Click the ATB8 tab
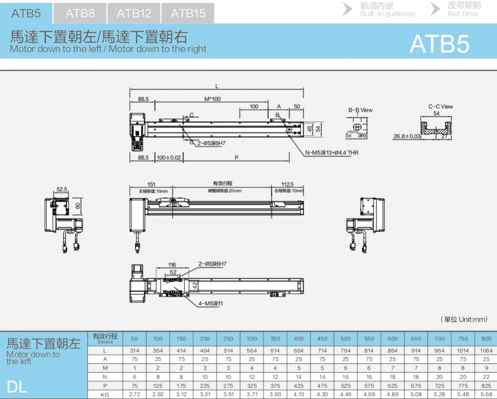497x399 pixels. [x=80, y=13]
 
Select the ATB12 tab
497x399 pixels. [x=134, y=13]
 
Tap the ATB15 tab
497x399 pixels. [x=188, y=13]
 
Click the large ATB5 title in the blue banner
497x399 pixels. [x=439, y=44]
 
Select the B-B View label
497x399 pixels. [x=360, y=110]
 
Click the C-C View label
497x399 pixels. [x=440, y=106]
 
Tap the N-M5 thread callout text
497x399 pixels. [x=331, y=153]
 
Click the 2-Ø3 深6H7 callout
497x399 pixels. [x=212, y=264]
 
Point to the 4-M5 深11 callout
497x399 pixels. [x=211, y=303]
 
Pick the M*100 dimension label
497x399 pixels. [x=212, y=99]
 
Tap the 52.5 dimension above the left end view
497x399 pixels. [x=62, y=189]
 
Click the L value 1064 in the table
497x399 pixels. [x=486, y=351]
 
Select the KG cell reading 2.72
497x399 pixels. [x=134, y=394]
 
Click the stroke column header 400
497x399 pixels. [x=298, y=339]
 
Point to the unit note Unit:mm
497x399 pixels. [x=464, y=319]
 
